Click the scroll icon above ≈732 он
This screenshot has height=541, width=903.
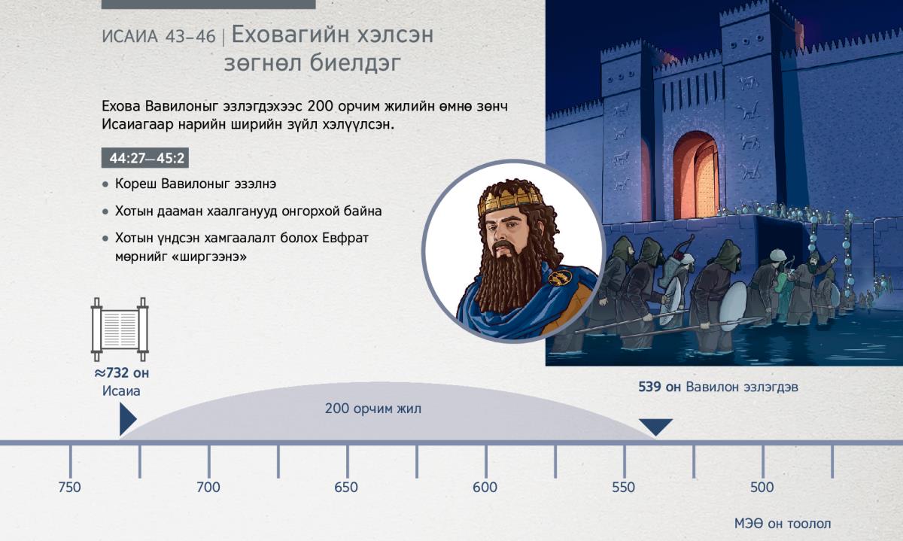click(120, 330)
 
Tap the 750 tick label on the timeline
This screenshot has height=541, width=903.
click(69, 488)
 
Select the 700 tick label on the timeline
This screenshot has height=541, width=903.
click(208, 488)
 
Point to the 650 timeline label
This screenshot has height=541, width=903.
click(346, 488)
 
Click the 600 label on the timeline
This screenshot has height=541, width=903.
click(485, 488)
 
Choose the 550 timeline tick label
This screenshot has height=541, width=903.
click(623, 488)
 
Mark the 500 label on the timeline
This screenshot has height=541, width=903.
click(762, 488)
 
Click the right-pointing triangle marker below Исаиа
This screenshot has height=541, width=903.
click(127, 419)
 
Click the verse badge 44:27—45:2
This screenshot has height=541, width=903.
click(145, 158)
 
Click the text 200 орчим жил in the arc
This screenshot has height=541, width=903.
click(373, 409)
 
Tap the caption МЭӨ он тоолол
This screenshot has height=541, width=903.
click(783, 524)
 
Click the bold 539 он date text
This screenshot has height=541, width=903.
click(659, 387)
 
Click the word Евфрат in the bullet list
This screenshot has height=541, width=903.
click(345, 239)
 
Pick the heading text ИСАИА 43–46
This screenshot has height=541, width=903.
click(159, 37)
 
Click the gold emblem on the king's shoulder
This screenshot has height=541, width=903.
click(560, 278)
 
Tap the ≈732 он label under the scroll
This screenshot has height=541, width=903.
click(122, 373)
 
